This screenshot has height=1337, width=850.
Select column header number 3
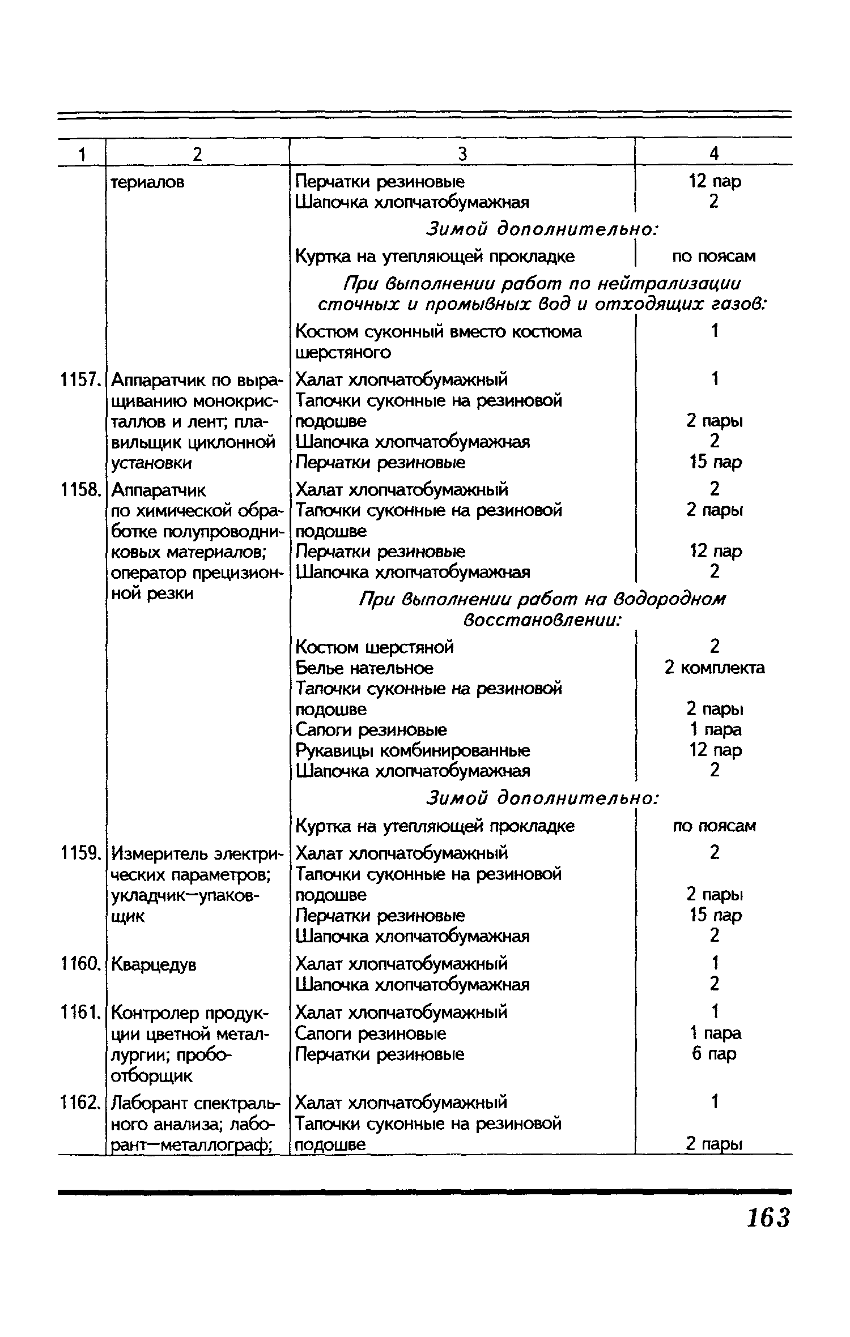[x=462, y=154]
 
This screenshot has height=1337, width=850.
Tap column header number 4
[x=714, y=154]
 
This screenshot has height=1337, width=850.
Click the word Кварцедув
[x=154, y=964]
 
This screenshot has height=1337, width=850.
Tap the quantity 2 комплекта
[x=715, y=668]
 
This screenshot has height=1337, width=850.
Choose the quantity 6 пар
[x=714, y=1054]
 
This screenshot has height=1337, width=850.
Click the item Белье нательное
[x=364, y=668]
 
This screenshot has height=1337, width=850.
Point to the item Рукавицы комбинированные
[x=413, y=751]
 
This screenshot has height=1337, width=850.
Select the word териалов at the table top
[x=147, y=182]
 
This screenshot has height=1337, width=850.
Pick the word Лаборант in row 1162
[x=150, y=1103]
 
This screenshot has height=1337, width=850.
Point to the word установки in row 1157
[x=151, y=463]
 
